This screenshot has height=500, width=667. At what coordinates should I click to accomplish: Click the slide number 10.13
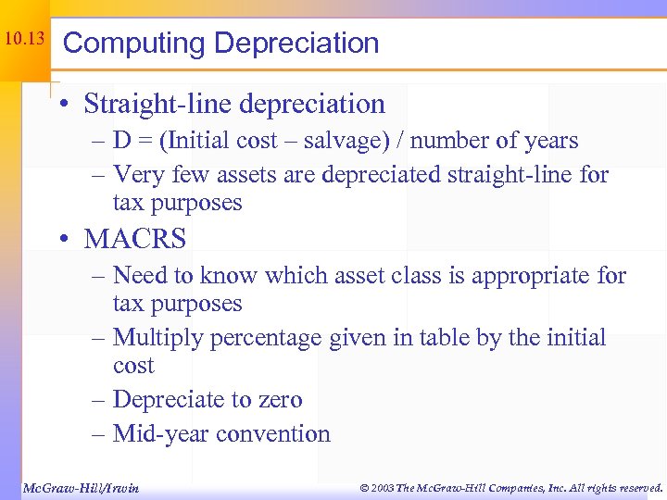pos(23,39)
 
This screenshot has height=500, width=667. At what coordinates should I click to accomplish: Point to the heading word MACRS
pos(134,239)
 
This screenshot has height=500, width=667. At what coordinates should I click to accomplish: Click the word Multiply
pos(159,338)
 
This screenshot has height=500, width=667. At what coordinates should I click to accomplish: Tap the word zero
pos(277,400)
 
